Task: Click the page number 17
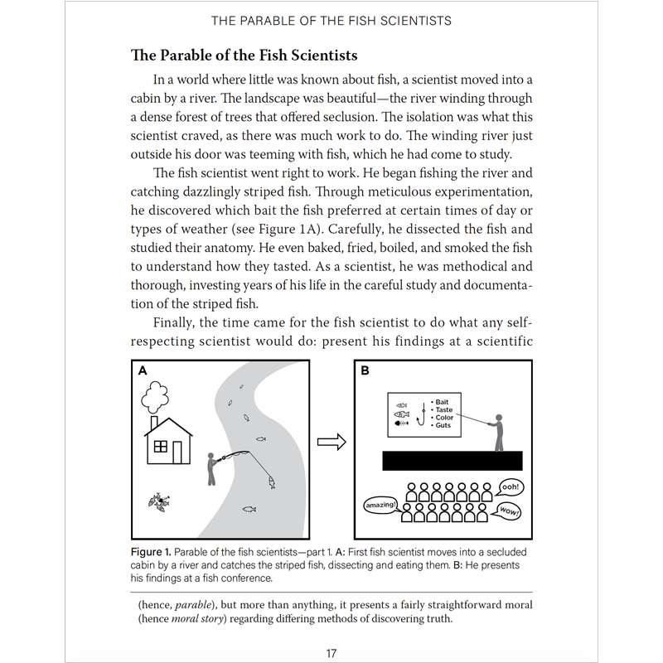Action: pos(331,653)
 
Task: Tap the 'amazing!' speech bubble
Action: pos(380,504)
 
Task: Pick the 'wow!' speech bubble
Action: pos(509,511)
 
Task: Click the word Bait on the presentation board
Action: pos(442,403)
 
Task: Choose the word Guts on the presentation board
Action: pos(443,425)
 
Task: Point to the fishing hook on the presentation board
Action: pos(423,413)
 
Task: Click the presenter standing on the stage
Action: pos(496,432)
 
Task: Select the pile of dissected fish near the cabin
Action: pos(157,500)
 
